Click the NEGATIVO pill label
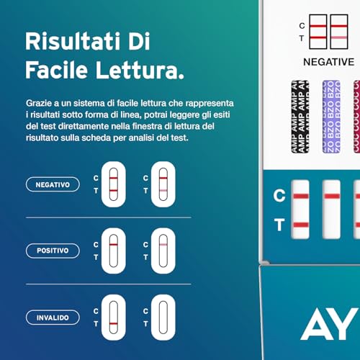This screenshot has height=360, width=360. [53, 185]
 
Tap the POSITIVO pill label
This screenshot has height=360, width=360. [53, 251]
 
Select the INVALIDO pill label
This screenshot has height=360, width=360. [53, 317]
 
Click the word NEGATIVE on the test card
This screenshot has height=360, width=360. [328, 62]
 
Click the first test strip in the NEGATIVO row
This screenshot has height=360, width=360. [114, 184]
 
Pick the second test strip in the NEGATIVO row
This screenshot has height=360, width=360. [163, 184]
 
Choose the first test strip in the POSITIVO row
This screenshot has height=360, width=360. [114, 251]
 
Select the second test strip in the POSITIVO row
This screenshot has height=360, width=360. [163, 251]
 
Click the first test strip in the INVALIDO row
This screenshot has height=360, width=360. [114, 317]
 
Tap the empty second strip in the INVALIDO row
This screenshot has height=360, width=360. [163, 317]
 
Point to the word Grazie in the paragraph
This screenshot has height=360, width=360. [37, 104]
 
